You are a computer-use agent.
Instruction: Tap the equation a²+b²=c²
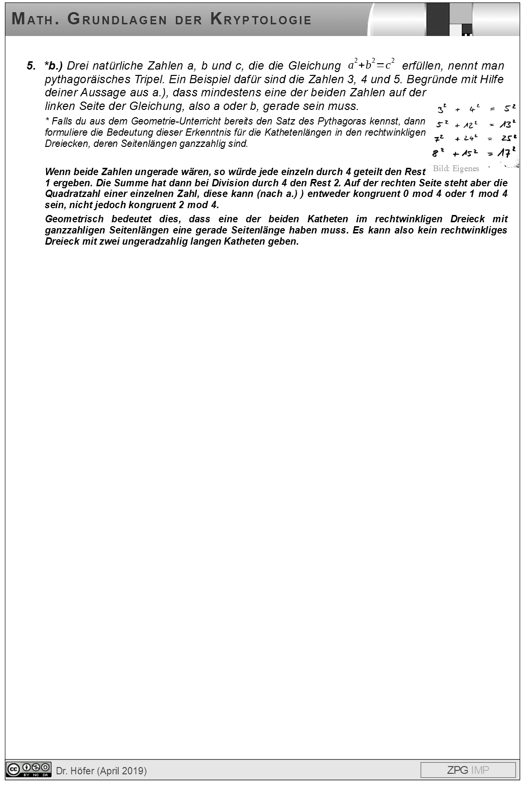371,64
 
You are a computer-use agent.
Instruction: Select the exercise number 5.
31,66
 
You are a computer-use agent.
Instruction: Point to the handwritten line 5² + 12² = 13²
475,124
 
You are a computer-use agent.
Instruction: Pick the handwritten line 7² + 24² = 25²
475,139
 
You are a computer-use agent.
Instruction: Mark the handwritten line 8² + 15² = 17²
474,153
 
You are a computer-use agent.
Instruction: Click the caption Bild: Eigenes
455,168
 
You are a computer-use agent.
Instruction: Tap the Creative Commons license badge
29,769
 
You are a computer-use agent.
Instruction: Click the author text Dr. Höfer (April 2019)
102,770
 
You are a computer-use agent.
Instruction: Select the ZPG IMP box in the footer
468,770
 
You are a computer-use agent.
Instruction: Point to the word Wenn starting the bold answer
56,172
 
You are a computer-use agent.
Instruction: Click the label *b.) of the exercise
53,66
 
